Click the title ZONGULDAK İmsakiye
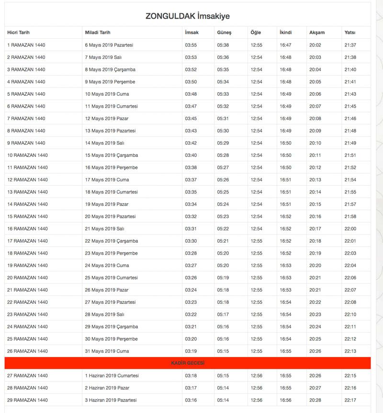click(x=187, y=16)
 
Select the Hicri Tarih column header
click(x=18, y=33)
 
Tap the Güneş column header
click(x=224, y=33)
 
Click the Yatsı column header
click(x=349, y=33)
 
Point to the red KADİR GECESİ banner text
click(x=187, y=363)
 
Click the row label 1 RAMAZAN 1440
click(x=26, y=45)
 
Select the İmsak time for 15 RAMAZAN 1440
click(x=191, y=216)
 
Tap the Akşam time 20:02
click(x=315, y=45)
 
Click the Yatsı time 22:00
click(x=350, y=229)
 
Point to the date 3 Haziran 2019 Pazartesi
click(x=111, y=400)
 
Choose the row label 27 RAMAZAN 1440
click(x=27, y=376)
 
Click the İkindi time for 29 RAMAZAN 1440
click(x=285, y=400)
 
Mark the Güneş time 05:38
click(x=223, y=45)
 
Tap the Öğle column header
click(x=256, y=33)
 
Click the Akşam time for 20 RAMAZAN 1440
click(x=315, y=278)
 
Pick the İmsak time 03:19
click(x=191, y=351)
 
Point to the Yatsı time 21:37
click(x=350, y=45)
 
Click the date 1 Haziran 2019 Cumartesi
click(x=112, y=376)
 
